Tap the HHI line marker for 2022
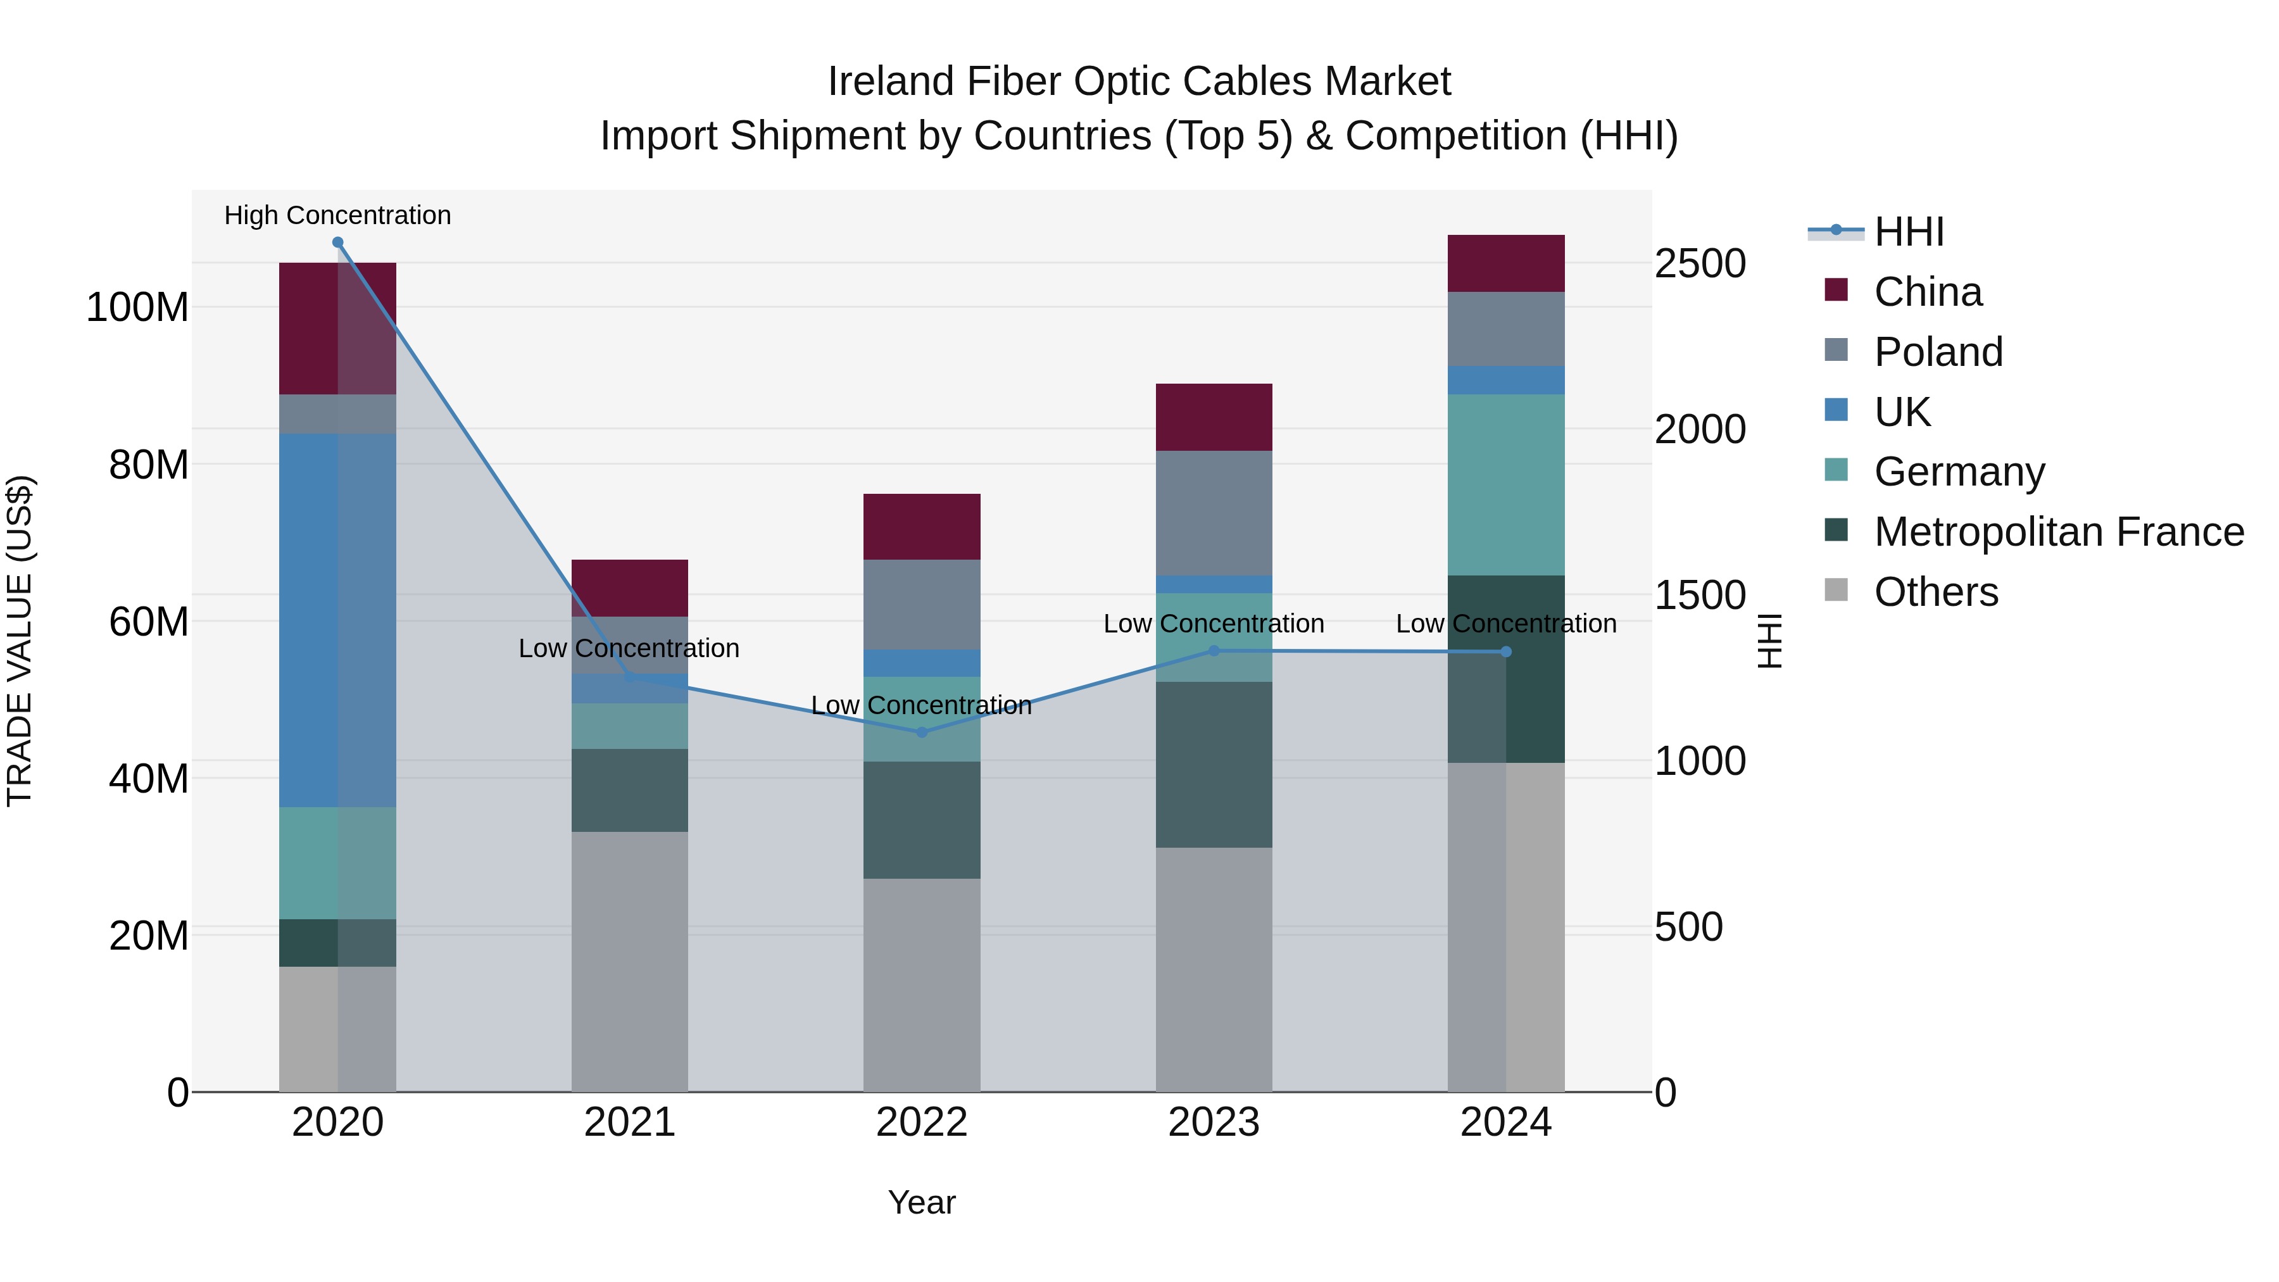pos(922,732)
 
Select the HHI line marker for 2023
pos(1214,651)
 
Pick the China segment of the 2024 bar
pos(1506,263)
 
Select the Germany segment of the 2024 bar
pos(1506,485)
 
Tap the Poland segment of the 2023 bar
pos(1214,513)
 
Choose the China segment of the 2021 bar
pos(629,588)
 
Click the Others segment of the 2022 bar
pos(922,984)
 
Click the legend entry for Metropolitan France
pos(2059,532)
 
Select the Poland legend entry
pos(1938,352)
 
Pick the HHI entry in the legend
pos(1908,232)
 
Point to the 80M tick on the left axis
pos(149,465)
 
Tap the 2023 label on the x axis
pos(1214,1122)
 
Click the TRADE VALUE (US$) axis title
pos(20,641)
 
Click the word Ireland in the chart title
pos(891,82)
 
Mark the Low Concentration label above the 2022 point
pos(921,706)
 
